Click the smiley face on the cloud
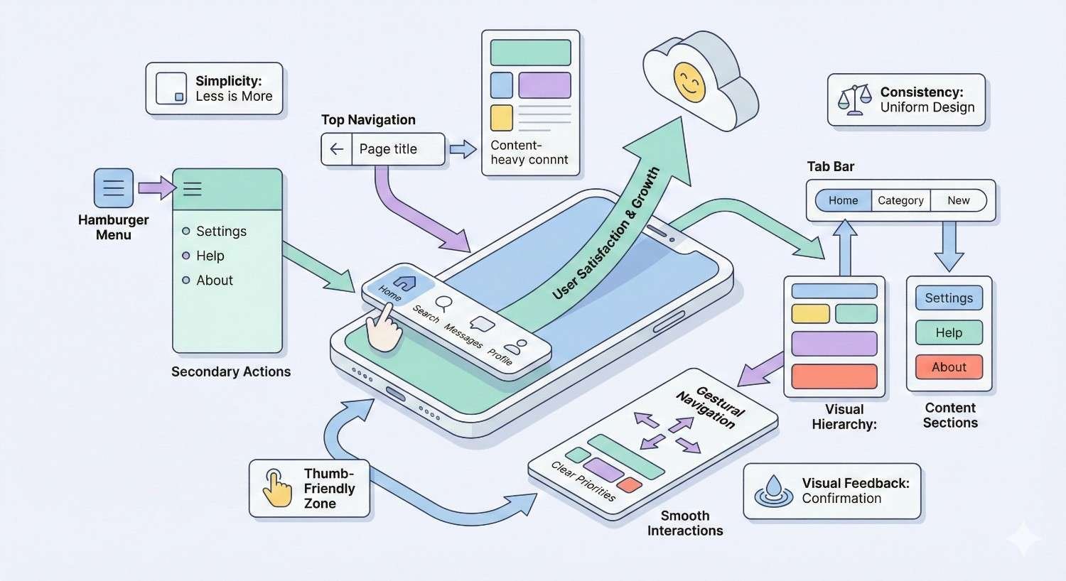tap(689, 82)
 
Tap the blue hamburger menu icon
tap(114, 188)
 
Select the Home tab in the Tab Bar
tap(843, 200)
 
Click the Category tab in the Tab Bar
tap(900, 200)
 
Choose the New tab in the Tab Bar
tap(958, 200)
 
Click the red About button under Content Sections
tap(949, 367)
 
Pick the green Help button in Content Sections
tap(949, 332)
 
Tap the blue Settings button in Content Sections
tap(949, 298)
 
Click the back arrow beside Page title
tap(337, 149)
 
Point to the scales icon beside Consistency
tap(854, 100)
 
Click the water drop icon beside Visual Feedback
tap(773, 490)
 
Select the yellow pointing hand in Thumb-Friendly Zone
tap(277, 488)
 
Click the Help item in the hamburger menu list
tap(210, 256)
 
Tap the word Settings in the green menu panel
tap(221, 232)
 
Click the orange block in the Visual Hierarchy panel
tap(834, 376)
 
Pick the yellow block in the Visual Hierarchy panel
tap(810, 313)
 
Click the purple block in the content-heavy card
tap(544, 85)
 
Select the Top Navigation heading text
tap(368, 120)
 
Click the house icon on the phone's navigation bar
tap(404, 283)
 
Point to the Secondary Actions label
tap(231, 371)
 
